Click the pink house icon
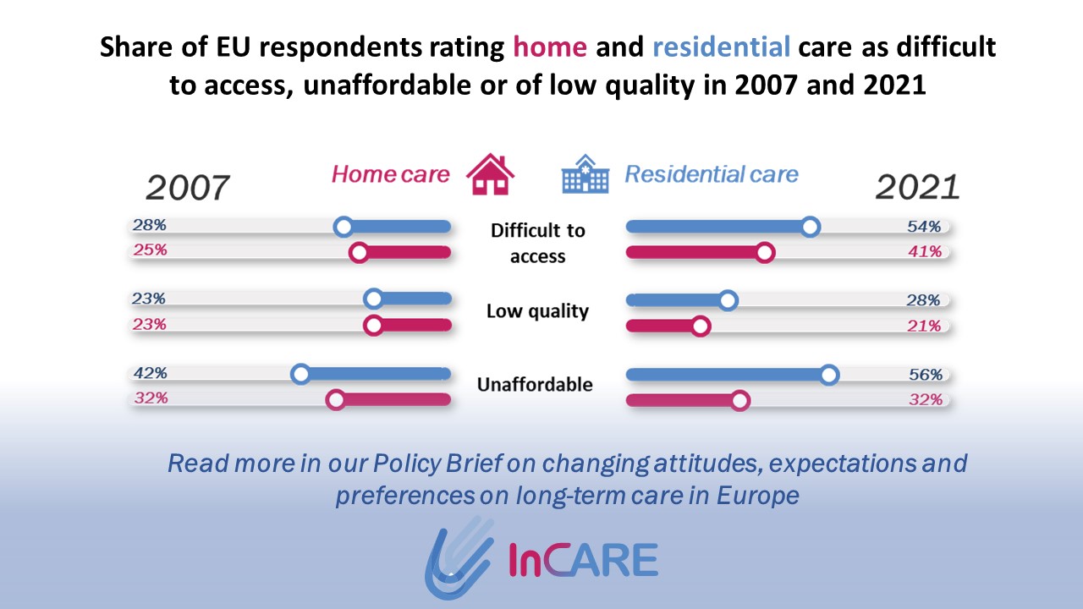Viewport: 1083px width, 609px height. (490, 174)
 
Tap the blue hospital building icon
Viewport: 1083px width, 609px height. (585, 174)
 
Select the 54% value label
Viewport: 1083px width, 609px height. (924, 226)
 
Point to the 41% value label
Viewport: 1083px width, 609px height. (925, 251)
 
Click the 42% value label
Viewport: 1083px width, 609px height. (151, 373)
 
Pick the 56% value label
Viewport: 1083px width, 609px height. (926, 374)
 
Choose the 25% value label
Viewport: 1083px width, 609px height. (150, 250)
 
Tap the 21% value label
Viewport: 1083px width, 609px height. (924, 326)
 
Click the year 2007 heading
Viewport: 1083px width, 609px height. (188, 188)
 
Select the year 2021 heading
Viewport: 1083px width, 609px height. (918, 187)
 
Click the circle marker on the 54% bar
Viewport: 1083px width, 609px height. (811, 227)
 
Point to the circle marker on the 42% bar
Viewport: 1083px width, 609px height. (300, 374)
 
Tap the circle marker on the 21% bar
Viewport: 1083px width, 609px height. (701, 326)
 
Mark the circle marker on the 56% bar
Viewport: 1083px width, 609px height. (829, 375)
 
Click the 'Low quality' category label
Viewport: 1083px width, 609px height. (537, 311)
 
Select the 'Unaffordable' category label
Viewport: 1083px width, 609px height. (535, 385)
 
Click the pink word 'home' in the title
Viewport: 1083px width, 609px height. (550, 47)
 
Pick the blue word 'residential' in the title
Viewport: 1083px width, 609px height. (722, 47)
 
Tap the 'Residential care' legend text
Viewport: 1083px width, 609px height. (712, 174)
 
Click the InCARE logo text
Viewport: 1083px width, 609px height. (584, 560)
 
